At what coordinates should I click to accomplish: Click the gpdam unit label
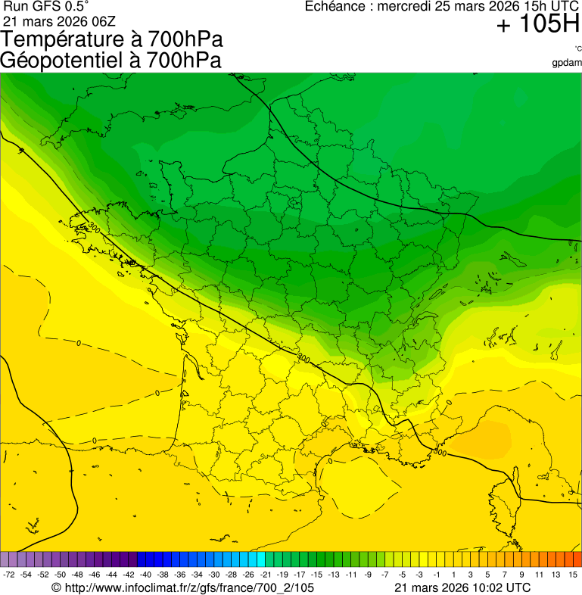pyautogui.click(x=567, y=63)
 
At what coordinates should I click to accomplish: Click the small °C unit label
pyautogui.click(x=577, y=48)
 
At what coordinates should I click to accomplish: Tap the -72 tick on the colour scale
pyautogui.click(x=9, y=575)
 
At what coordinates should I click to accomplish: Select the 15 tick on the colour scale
pyautogui.click(x=574, y=575)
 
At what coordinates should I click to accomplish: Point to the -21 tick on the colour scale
pyautogui.click(x=266, y=575)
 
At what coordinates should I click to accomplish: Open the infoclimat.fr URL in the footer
pyautogui.click(x=189, y=587)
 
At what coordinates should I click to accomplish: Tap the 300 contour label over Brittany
pyautogui.click(x=94, y=227)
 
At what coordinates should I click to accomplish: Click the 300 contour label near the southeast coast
pyautogui.click(x=440, y=452)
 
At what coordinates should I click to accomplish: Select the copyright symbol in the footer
pyautogui.click(x=56, y=587)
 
